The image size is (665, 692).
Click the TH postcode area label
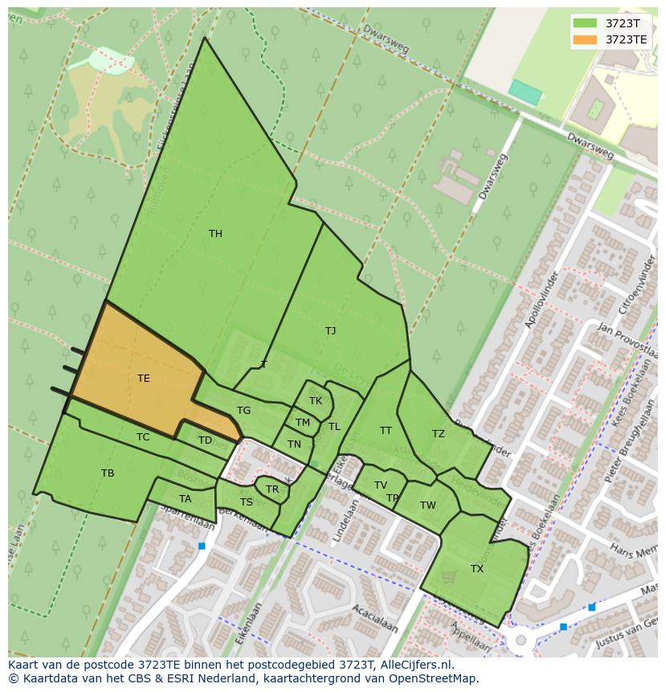[215, 234]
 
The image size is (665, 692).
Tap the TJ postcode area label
[330, 330]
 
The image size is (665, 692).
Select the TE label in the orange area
[143, 378]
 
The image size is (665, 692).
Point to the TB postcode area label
[108, 473]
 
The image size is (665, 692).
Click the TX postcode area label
[477, 568]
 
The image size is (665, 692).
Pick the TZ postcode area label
[438, 434]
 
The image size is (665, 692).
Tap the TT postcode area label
[386, 431]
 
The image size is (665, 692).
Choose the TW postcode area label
[427, 506]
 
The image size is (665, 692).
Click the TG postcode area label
[243, 410]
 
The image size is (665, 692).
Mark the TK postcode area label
[316, 400]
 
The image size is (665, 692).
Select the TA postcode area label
[186, 499]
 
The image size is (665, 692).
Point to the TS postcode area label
[247, 502]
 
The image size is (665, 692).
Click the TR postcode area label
[272, 489]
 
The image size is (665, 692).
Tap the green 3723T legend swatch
[586, 23]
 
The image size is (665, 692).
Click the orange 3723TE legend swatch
[586, 39]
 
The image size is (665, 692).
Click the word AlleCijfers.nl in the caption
[415, 665]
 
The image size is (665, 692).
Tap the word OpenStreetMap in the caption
[434, 678]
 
